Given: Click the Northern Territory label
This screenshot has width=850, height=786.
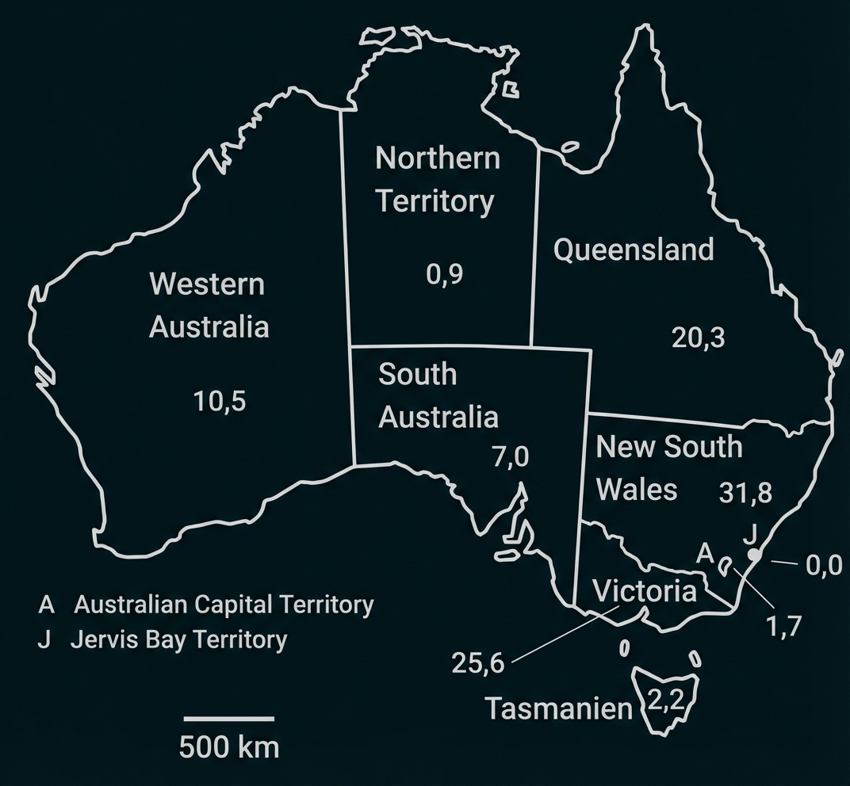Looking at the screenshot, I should [x=438, y=180].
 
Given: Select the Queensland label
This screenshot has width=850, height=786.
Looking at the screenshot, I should [x=634, y=250].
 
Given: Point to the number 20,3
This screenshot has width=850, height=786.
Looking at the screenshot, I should [x=698, y=338].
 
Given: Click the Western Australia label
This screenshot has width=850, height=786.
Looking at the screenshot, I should [x=209, y=305].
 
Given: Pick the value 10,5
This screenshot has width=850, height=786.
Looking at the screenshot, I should [x=220, y=402].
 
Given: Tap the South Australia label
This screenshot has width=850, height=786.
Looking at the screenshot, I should [x=438, y=395].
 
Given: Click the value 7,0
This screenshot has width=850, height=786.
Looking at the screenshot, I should [x=510, y=457].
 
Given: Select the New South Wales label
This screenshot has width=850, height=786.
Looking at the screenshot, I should [x=668, y=467].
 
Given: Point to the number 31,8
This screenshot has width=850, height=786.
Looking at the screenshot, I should [x=745, y=493].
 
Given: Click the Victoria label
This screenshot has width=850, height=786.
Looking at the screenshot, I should [x=645, y=591].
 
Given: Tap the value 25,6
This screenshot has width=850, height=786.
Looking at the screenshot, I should [x=477, y=662].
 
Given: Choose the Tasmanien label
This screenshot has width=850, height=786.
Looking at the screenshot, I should [x=558, y=708].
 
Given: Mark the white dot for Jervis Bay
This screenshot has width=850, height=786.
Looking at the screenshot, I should [x=755, y=555].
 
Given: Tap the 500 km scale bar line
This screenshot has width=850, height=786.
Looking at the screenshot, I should [x=229, y=719].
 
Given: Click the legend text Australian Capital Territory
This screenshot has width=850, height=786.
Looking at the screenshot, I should [x=224, y=605].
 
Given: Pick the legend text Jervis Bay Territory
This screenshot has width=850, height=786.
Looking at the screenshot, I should [x=178, y=639].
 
